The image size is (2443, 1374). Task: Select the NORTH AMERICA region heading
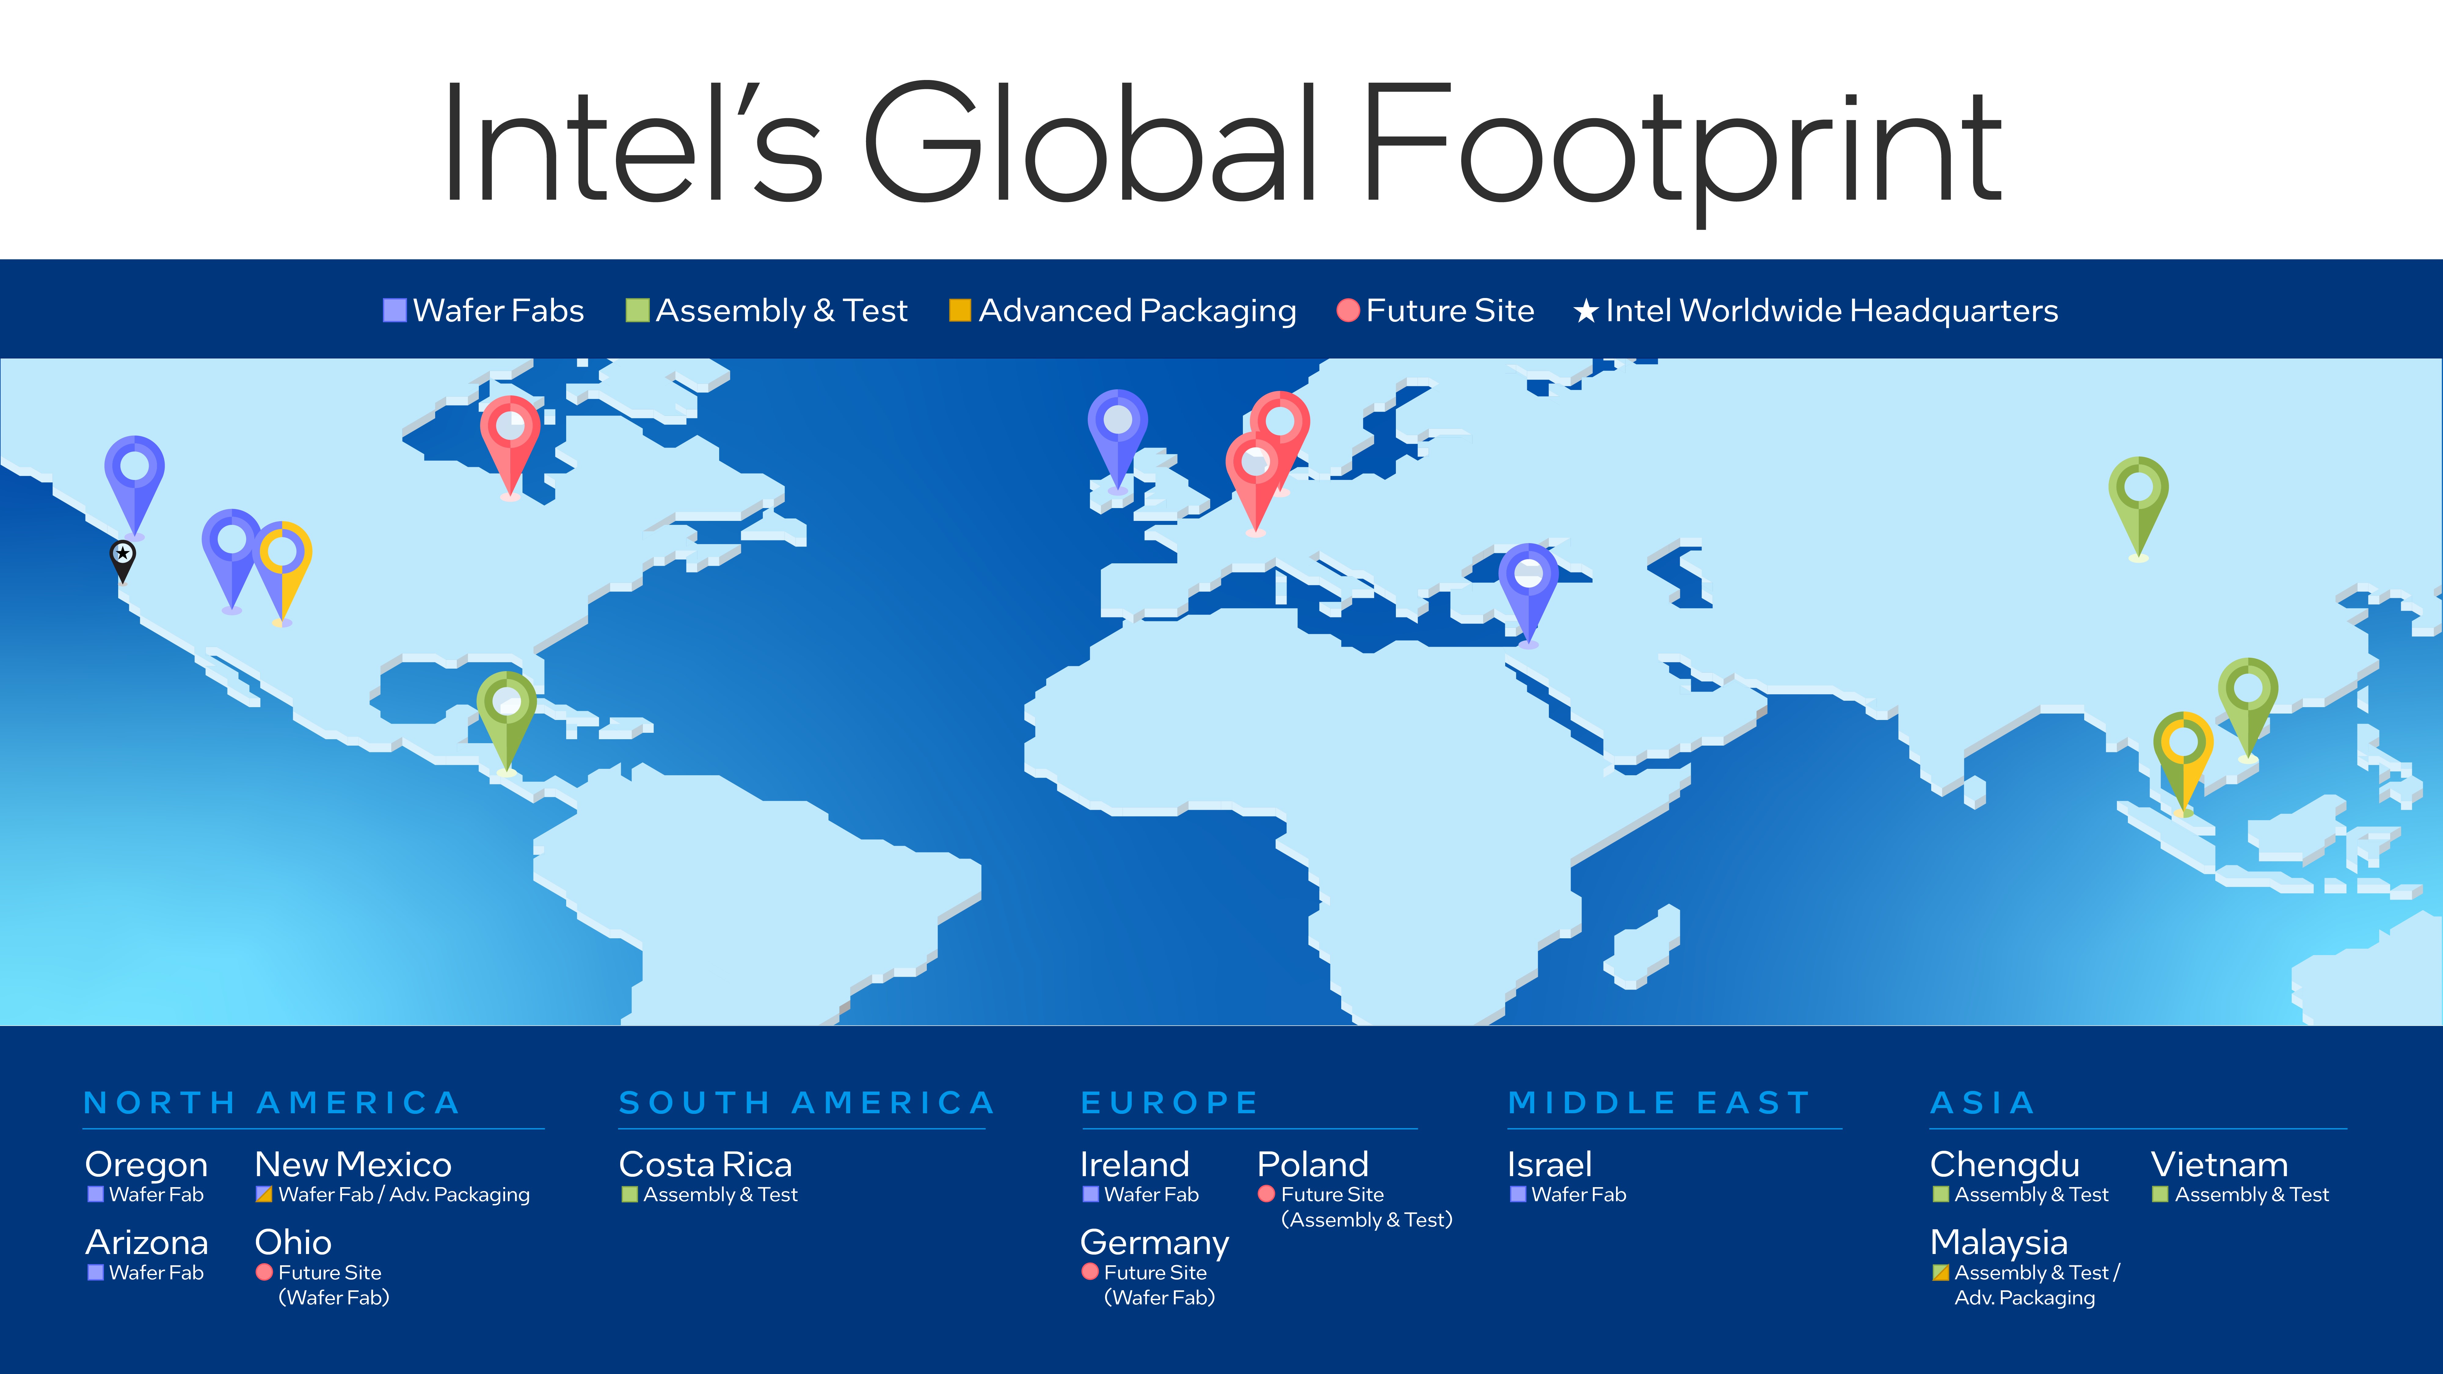272,1103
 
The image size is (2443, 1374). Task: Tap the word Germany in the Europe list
1154,1242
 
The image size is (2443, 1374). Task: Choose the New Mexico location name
353,1165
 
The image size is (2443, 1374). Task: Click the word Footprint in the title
1680,147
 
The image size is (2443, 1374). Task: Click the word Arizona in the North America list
147,1242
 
